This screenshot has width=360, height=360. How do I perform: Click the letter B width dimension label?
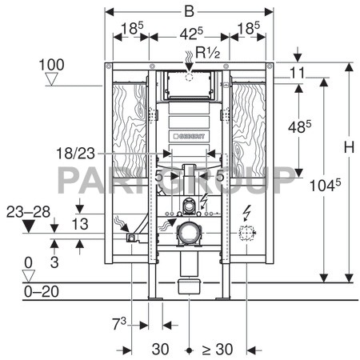[189, 12]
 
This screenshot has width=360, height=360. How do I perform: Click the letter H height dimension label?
[349, 147]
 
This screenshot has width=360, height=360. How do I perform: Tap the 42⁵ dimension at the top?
[191, 34]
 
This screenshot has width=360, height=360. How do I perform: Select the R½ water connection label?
[207, 52]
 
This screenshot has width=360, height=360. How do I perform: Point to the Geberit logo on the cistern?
[189, 136]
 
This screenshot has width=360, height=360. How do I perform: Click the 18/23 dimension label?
[76, 154]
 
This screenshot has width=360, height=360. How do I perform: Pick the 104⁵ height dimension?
[325, 185]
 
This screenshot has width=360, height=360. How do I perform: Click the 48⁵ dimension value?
[299, 126]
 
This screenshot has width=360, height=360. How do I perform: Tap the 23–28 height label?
[28, 212]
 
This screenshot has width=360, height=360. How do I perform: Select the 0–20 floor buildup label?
[42, 291]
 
